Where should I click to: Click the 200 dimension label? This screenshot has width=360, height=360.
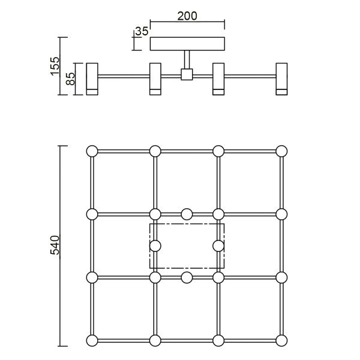click(x=187, y=16)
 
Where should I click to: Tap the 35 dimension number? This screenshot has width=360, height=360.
click(x=141, y=31)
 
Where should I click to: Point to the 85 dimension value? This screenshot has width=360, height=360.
click(x=70, y=79)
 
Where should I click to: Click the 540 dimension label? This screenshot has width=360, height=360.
click(x=55, y=246)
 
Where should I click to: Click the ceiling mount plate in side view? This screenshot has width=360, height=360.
click(x=187, y=44)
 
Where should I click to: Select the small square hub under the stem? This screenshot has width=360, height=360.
click(x=187, y=75)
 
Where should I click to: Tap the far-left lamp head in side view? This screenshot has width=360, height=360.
click(x=92, y=79)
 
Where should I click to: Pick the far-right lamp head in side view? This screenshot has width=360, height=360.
click(x=281, y=79)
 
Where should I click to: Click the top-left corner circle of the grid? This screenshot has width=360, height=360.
click(x=92, y=151)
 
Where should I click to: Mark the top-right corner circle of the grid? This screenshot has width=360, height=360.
click(x=281, y=151)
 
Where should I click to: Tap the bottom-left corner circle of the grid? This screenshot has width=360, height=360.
click(x=92, y=341)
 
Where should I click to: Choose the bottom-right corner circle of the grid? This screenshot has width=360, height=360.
click(x=281, y=341)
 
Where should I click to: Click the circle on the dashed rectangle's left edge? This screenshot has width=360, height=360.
click(x=155, y=245)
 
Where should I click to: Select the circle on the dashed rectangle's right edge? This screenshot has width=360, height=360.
click(x=218, y=245)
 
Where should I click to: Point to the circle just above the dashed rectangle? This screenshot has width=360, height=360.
click(x=187, y=214)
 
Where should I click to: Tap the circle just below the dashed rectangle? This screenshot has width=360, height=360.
click(x=187, y=277)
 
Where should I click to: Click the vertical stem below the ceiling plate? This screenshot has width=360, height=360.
click(x=187, y=60)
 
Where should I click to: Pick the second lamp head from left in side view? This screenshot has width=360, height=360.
click(x=155, y=79)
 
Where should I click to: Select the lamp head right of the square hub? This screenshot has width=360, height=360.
click(x=218, y=79)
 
